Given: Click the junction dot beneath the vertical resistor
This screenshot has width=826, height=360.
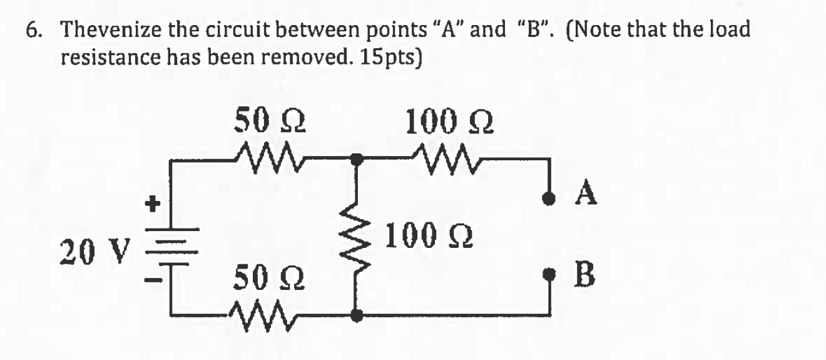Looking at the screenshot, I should pyautogui.click(x=356, y=316).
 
